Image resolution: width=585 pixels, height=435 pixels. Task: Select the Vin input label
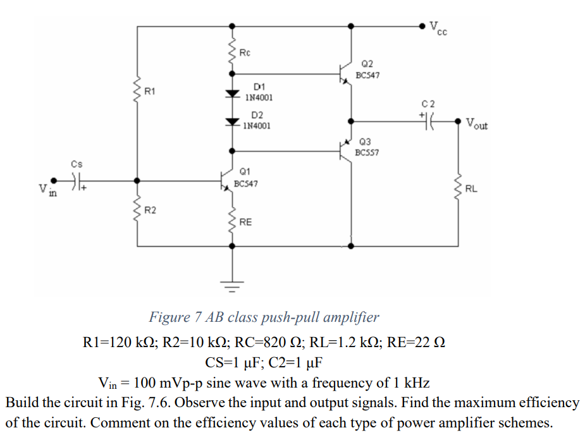tap(45, 190)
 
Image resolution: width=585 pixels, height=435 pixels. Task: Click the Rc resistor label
tap(244, 52)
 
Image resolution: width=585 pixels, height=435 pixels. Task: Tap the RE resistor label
tap(245, 223)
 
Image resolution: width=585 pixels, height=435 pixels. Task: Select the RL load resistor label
tap(471, 188)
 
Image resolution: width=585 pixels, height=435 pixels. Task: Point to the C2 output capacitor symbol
tap(429, 121)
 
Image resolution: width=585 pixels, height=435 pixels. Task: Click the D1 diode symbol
tap(233, 94)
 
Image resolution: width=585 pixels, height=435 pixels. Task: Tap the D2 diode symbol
tap(233, 120)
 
